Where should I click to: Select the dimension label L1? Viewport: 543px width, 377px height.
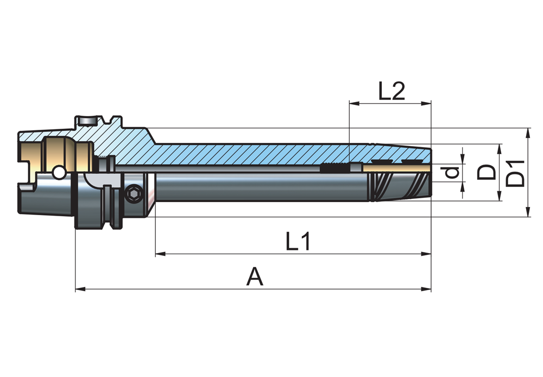[x=298, y=242]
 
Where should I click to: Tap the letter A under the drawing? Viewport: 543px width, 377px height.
[x=254, y=277]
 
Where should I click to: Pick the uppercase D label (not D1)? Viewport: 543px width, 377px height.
[x=487, y=173]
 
